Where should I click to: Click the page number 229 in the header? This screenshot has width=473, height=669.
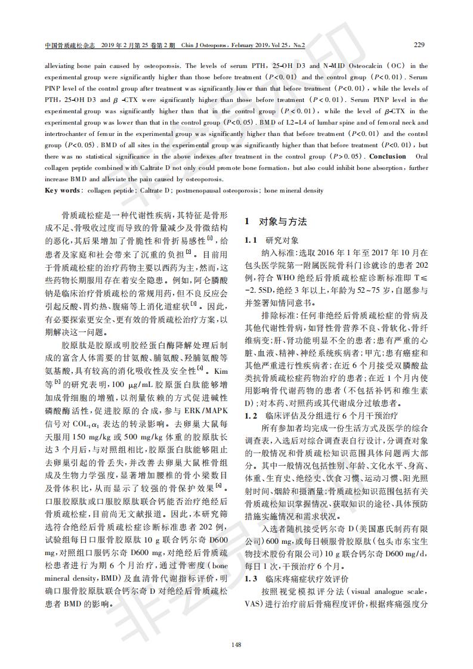419,45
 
